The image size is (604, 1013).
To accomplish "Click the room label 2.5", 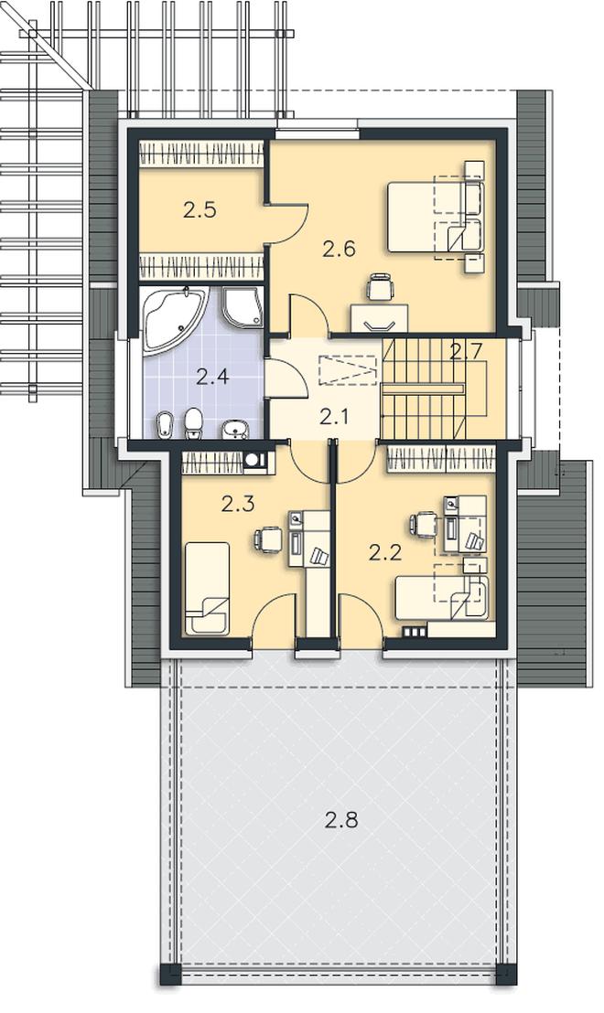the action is click(x=200, y=210).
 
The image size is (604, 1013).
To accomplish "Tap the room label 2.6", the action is click(x=340, y=249).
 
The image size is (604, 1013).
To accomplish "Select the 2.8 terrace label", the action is click(x=341, y=820).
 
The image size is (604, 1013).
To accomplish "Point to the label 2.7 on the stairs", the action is click(x=466, y=352).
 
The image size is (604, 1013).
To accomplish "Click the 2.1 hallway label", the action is click(x=334, y=417).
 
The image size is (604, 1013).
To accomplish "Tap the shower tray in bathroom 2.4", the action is click(x=243, y=307).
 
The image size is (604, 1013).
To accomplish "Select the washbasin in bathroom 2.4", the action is click(x=235, y=428).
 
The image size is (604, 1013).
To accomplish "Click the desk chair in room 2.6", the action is click(x=379, y=287).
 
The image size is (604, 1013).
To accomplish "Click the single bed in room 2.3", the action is click(x=207, y=588).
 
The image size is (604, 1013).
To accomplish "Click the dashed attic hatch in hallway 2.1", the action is click(x=347, y=370).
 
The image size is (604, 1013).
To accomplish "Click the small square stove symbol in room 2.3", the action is click(x=253, y=461).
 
